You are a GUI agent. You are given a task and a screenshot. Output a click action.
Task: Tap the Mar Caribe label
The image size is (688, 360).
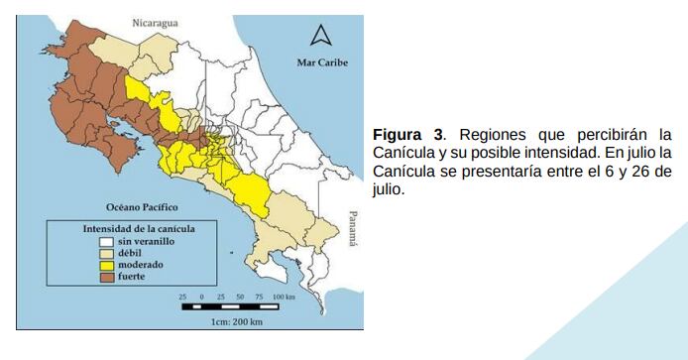click(322, 62)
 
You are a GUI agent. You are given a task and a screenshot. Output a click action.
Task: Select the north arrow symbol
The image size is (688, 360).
click(319, 37)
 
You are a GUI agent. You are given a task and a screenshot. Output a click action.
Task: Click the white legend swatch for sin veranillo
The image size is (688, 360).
click(104, 240)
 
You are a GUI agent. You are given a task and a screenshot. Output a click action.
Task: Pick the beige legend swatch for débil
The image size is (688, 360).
click(104, 252)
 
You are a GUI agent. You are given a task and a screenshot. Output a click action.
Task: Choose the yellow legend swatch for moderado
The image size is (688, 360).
click(104, 264)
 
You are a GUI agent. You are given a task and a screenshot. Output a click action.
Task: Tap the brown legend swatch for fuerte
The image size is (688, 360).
click(104, 276)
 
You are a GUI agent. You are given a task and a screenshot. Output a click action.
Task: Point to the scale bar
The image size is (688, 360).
click(239, 306)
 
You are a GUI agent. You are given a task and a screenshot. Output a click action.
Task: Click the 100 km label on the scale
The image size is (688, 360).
click(284, 297)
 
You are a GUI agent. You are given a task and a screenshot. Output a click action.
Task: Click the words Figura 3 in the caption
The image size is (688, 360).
click(405, 135)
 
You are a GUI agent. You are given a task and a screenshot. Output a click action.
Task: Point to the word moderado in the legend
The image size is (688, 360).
click(141, 264)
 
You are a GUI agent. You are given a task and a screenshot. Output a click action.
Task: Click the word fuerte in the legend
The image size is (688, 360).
click(131, 276)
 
